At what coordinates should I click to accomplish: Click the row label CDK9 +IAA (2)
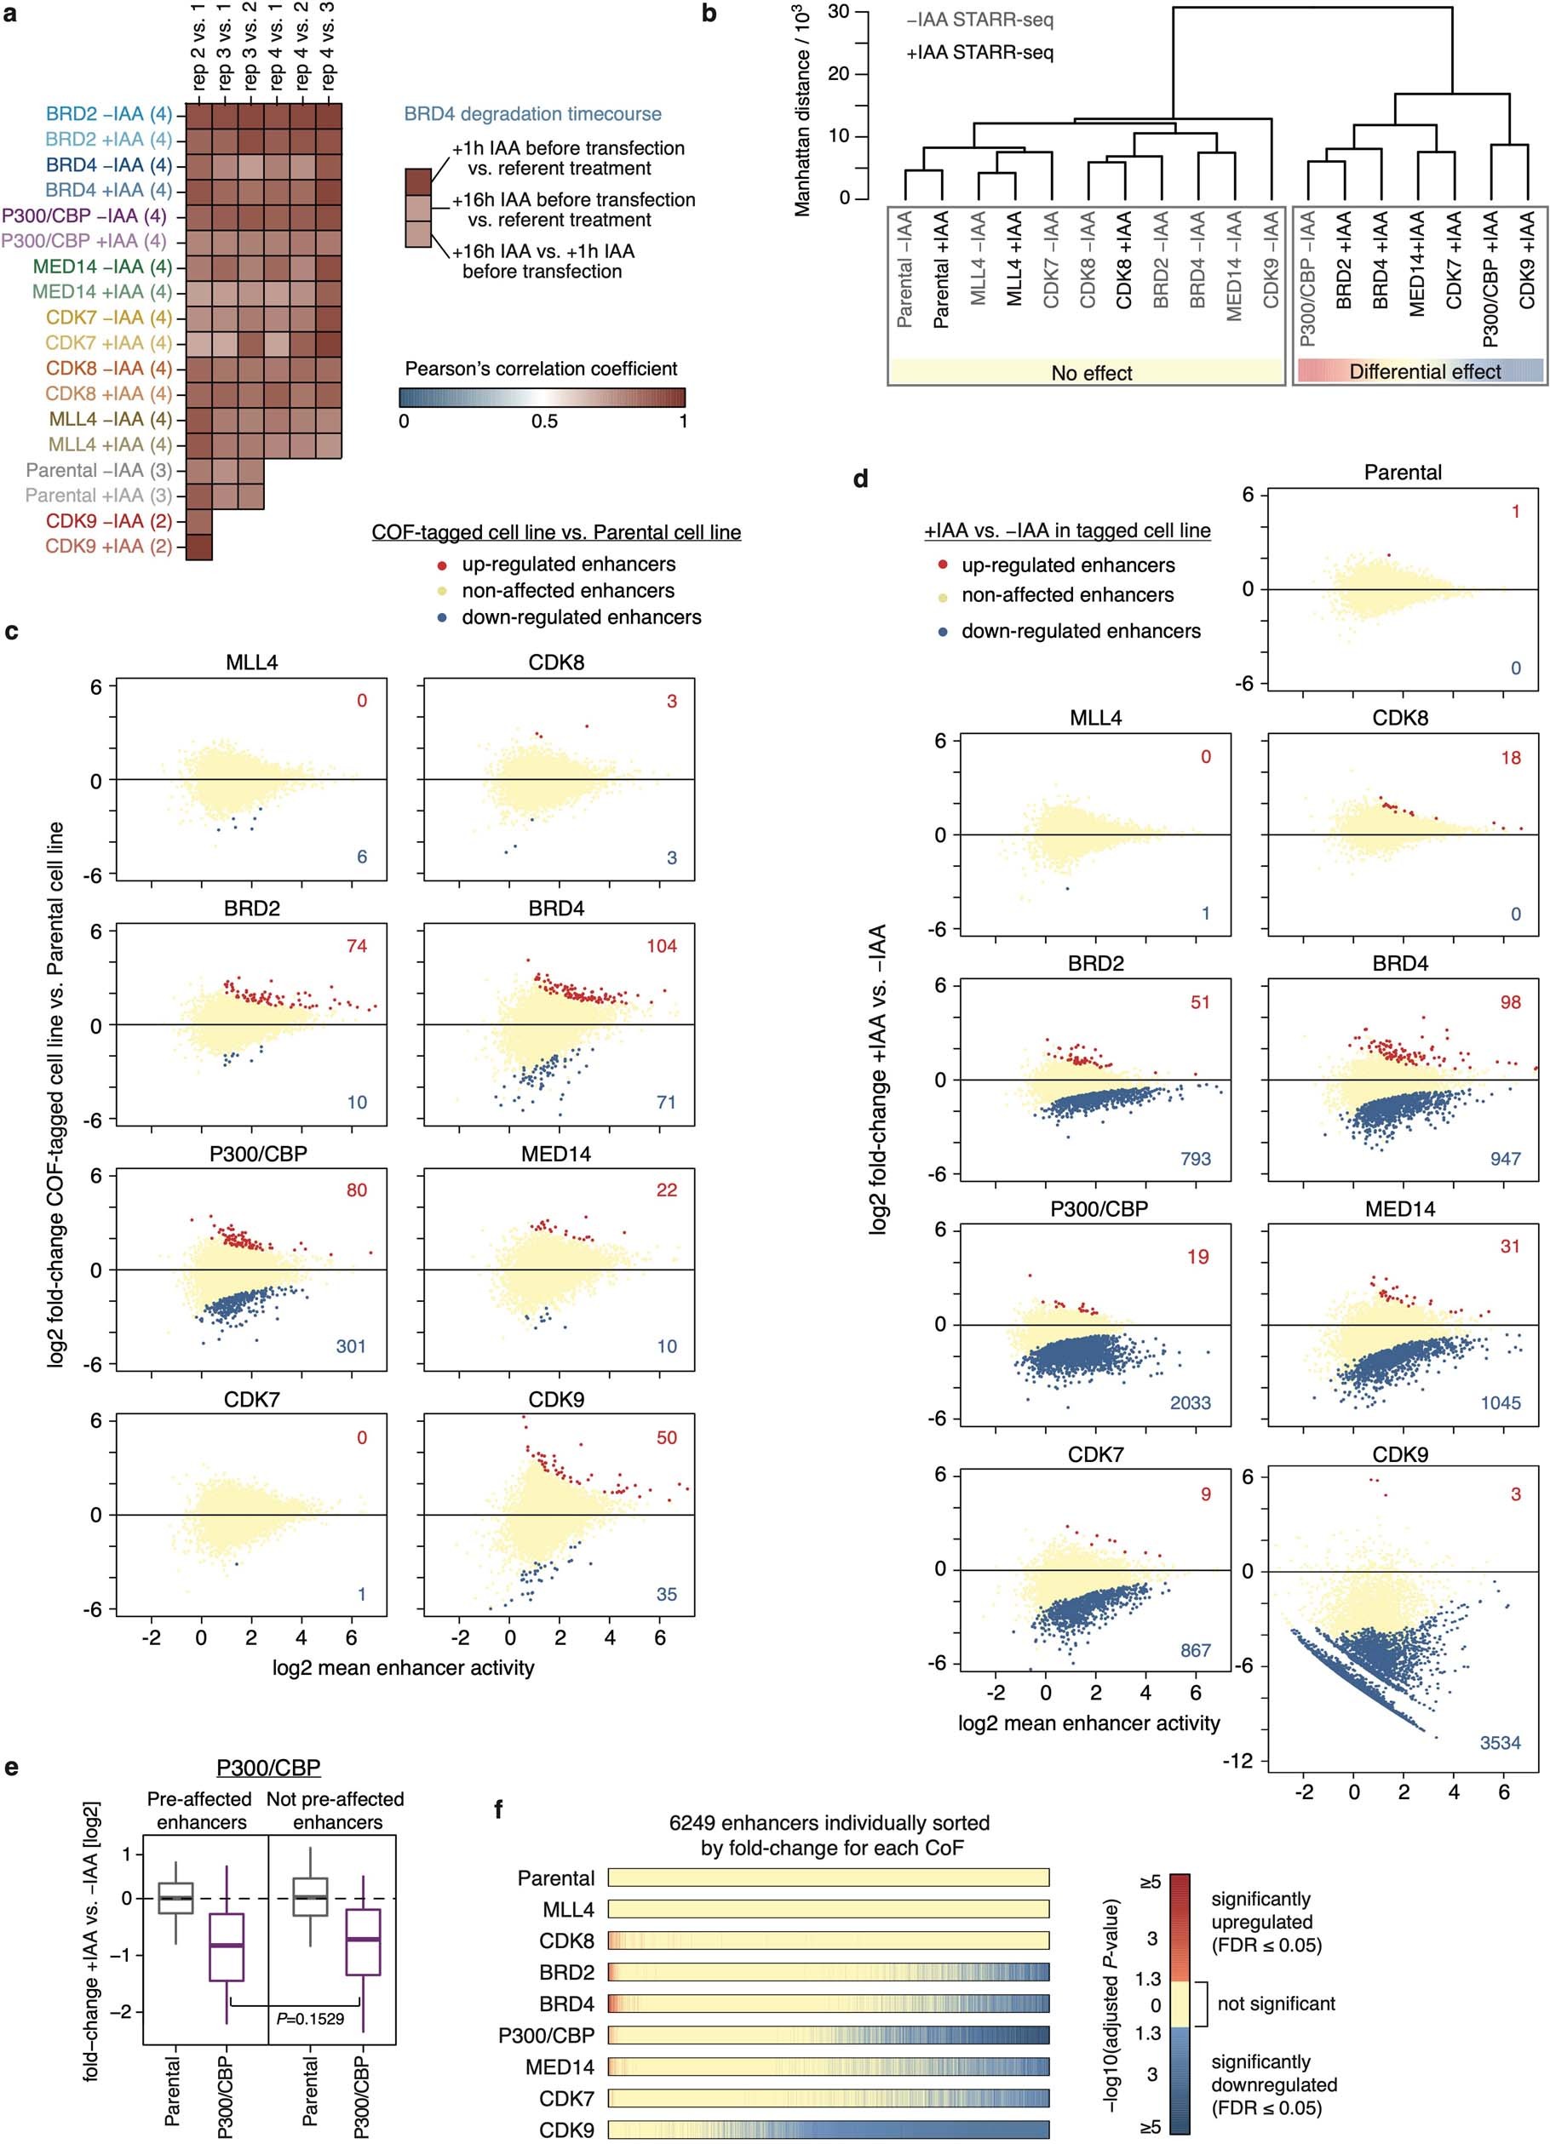(x=109, y=547)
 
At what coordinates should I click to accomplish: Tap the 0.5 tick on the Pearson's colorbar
(x=543, y=421)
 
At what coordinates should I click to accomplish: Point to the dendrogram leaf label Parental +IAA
(x=941, y=269)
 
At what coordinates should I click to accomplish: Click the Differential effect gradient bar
(x=1421, y=370)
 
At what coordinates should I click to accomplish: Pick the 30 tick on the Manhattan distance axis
(x=838, y=11)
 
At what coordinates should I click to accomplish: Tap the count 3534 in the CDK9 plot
(x=1500, y=1742)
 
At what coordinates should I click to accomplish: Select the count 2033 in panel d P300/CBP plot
(x=1190, y=1403)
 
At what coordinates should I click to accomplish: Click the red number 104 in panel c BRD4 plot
(x=661, y=945)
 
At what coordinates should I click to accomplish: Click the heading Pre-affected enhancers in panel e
(x=200, y=1810)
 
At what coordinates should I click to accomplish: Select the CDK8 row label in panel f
(x=566, y=1940)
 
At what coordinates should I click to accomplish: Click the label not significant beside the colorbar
(x=1276, y=2004)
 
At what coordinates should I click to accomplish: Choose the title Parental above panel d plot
(x=1402, y=472)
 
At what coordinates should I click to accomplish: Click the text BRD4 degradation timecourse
(x=532, y=113)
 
